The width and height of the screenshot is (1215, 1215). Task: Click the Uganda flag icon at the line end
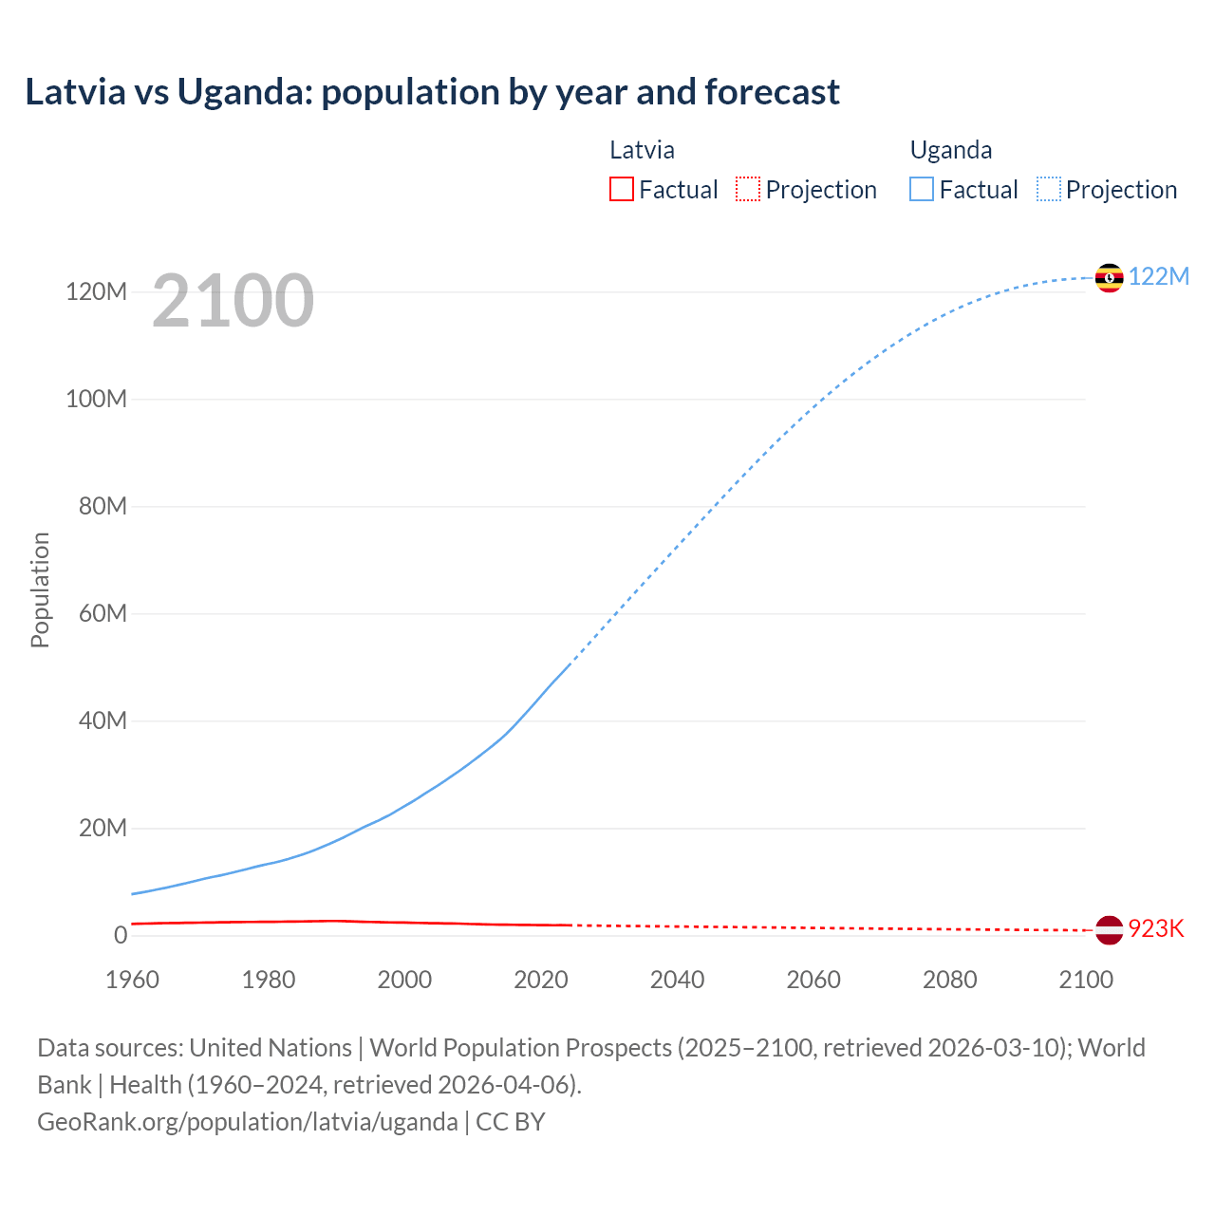[x=1109, y=278]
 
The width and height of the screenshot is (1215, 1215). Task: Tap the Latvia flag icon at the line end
[x=1109, y=930]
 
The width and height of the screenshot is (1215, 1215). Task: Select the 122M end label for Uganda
[x=1158, y=276]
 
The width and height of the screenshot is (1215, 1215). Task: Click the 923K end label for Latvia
[x=1156, y=928]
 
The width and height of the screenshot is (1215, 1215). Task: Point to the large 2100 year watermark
[x=233, y=300]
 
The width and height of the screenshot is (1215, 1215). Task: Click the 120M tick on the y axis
[x=96, y=291]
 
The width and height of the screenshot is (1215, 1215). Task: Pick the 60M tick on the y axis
[x=103, y=613]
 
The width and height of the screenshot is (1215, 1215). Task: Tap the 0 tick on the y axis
[x=121, y=935]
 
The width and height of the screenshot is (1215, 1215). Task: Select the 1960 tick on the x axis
[x=132, y=980]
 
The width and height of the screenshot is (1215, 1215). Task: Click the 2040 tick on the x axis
[x=677, y=980]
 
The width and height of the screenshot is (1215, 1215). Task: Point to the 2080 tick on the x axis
[x=949, y=980]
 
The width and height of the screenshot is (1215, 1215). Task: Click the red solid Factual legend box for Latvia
[x=621, y=189]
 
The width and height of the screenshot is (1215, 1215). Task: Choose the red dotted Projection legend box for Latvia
[x=748, y=189]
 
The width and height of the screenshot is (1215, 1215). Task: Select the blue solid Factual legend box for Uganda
[x=921, y=189]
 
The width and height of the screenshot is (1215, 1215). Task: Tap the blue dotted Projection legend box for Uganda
[x=1048, y=189]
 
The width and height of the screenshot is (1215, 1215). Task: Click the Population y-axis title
[x=40, y=589]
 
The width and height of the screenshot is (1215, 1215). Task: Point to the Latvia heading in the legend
[x=642, y=150]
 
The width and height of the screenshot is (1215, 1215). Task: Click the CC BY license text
[x=511, y=1121]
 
